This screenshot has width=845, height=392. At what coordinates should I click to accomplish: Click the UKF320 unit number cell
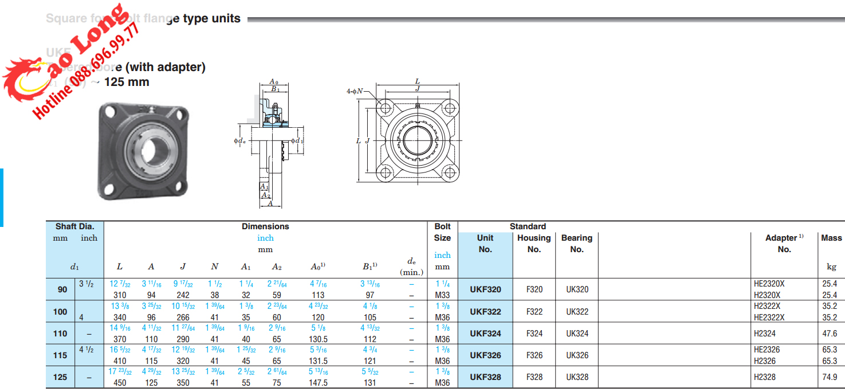click(485, 289)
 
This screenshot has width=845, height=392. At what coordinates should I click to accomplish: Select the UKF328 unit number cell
click(485, 377)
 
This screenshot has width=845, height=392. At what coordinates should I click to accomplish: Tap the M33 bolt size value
click(442, 295)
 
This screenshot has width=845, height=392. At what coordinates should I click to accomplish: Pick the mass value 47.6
click(830, 334)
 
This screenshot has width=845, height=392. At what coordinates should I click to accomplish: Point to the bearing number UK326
click(577, 355)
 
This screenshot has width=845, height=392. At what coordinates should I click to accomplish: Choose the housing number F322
click(534, 312)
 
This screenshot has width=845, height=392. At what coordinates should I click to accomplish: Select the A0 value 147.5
click(318, 383)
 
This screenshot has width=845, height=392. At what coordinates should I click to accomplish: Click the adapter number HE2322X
click(769, 317)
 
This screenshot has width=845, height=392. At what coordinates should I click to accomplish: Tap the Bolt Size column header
click(442, 232)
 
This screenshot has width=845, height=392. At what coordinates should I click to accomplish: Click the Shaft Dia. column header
click(74, 226)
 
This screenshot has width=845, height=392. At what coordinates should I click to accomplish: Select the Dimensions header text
click(265, 226)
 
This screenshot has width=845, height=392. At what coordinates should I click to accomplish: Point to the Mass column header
click(831, 238)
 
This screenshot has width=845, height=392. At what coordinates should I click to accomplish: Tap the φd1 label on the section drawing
click(297, 140)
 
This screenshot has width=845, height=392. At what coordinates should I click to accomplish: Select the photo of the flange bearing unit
click(143, 150)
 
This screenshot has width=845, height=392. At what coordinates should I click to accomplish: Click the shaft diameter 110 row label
click(60, 334)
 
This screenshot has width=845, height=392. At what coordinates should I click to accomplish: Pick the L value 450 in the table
click(120, 383)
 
